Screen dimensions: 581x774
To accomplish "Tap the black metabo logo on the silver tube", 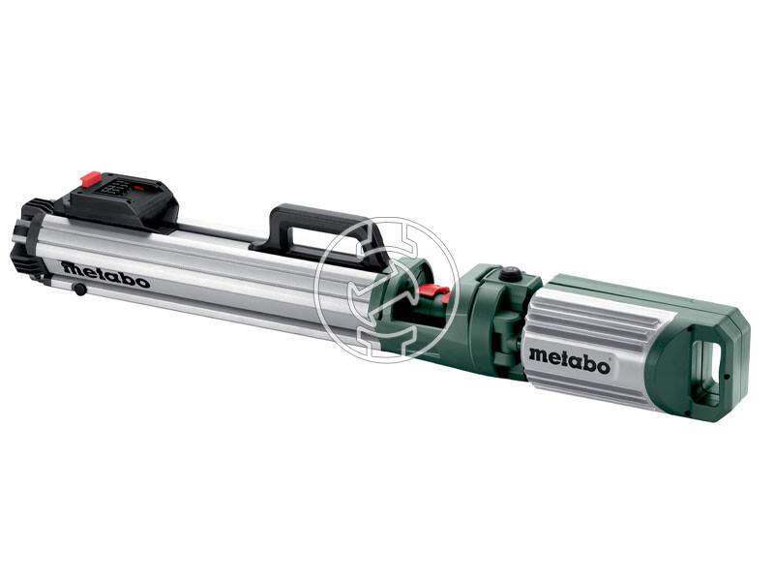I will point(105,274).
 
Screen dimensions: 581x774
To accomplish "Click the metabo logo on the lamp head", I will point(569,360).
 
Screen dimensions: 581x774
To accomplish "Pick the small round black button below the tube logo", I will point(77,290).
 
